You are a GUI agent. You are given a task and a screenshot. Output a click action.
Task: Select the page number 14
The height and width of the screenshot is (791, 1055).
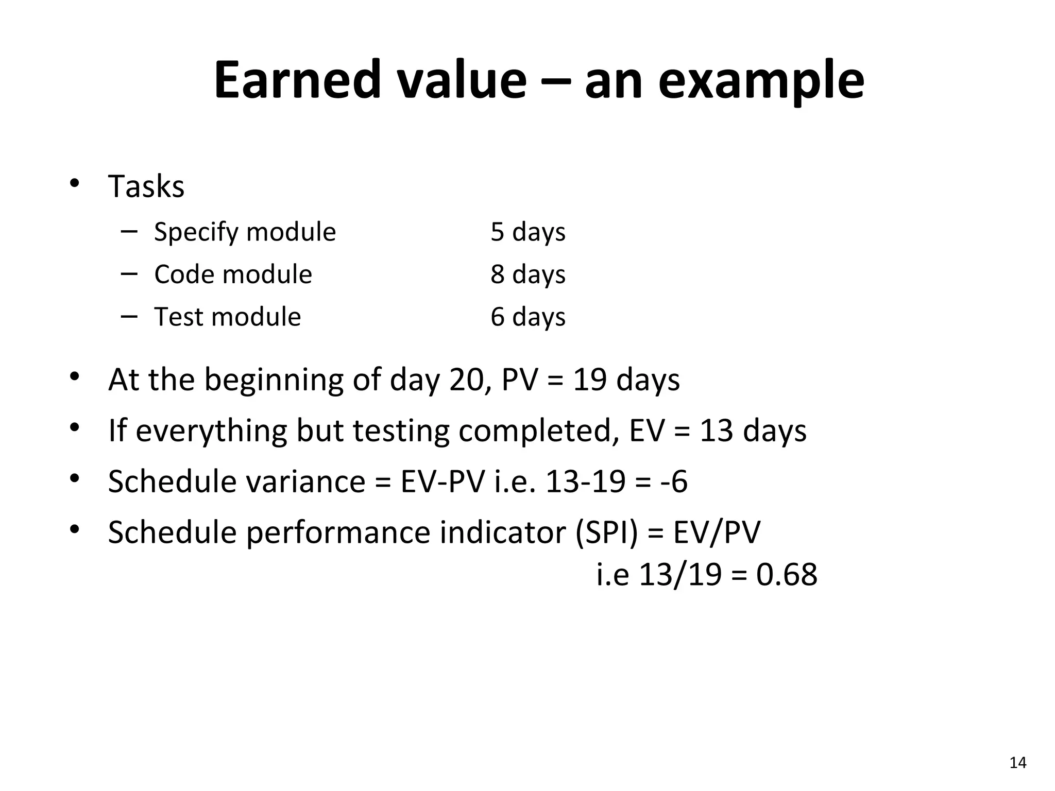pos(1017,763)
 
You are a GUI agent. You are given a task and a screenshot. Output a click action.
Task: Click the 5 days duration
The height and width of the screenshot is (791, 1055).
pos(527,232)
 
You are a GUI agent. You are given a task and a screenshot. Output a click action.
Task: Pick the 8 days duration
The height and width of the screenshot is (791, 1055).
pos(527,274)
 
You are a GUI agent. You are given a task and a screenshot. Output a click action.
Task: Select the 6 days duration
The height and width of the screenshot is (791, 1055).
pos(527,316)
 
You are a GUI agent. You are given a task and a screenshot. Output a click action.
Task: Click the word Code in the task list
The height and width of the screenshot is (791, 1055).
pos(178,274)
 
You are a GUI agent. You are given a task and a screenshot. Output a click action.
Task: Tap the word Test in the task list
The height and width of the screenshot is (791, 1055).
pos(178,316)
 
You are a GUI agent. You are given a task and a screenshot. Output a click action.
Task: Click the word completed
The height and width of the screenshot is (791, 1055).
pos(539,432)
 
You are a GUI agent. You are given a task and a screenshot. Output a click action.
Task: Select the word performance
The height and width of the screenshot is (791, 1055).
pos(337,534)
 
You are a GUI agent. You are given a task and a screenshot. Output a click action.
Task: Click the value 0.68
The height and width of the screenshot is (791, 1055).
pos(786,575)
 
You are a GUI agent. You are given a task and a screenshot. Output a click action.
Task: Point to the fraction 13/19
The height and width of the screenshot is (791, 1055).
pos(680,575)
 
